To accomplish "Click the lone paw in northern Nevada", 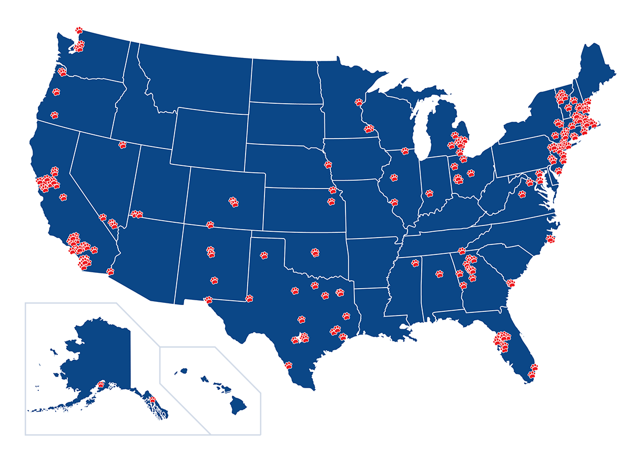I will click(x=123, y=145).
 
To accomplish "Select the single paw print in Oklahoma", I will click(x=315, y=252).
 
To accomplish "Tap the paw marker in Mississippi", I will click(x=415, y=263).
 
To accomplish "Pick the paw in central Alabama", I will click(x=439, y=274).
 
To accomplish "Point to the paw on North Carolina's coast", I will click(x=551, y=239).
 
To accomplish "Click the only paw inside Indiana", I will click(x=429, y=193).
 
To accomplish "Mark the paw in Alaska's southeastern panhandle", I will click(x=152, y=400).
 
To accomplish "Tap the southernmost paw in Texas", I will click(x=288, y=364).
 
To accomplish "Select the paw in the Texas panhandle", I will click(x=264, y=255).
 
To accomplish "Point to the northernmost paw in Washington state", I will click(x=79, y=30).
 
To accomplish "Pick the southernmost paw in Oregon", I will click(x=55, y=114).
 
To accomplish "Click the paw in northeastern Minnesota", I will click(x=360, y=101).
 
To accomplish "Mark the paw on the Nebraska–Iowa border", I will click(x=328, y=164).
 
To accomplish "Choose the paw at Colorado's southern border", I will click(x=210, y=224).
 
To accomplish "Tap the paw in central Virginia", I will click(x=522, y=194).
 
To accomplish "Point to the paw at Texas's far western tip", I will click(x=208, y=300).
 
